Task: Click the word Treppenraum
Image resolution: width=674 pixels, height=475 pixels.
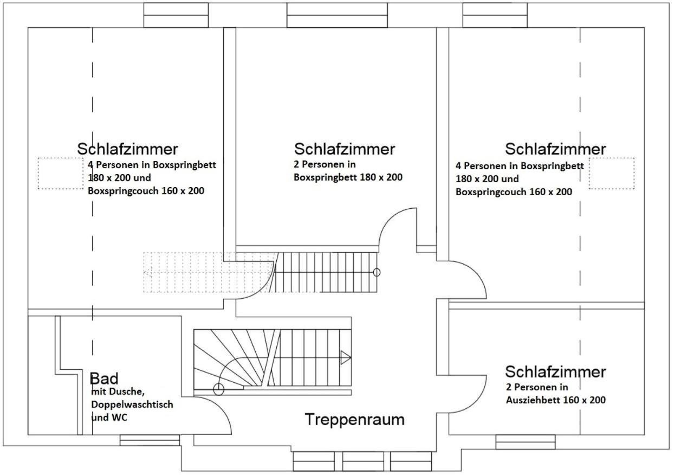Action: tap(354, 420)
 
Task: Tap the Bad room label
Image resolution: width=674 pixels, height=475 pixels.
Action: tap(104, 378)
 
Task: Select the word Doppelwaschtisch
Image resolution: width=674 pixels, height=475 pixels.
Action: tap(132, 405)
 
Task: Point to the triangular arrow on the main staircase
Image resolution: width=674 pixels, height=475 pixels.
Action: tap(346, 357)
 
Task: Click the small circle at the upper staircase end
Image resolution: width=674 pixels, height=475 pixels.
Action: tap(377, 272)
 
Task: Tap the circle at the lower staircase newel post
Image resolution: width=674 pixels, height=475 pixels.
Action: tap(219, 389)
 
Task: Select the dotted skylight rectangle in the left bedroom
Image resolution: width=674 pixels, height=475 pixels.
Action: tap(61, 174)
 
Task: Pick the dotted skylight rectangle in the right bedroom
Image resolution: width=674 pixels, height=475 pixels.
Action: tap(612, 174)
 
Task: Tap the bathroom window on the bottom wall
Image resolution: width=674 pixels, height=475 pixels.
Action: tap(150, 440)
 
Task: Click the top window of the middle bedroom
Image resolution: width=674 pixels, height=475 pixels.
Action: tap(337, 15)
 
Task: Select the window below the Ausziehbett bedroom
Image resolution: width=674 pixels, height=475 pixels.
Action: tap(526, 442)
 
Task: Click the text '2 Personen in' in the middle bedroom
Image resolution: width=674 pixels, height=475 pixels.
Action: tap(325, 164)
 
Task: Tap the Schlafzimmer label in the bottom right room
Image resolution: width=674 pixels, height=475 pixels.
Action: tap(555, 371)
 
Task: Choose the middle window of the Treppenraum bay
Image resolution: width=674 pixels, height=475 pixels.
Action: tap(363, 461)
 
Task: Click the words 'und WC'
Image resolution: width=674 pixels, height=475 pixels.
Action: tap(109, 418)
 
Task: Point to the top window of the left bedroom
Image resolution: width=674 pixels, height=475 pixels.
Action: tap(176, 15)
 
